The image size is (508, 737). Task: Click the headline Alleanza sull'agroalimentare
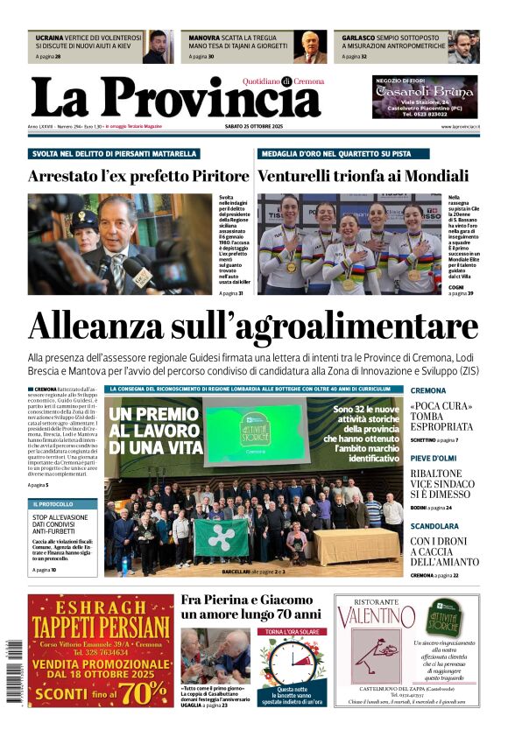point(253,326)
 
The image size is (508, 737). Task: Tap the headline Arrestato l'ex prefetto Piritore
point(138,176)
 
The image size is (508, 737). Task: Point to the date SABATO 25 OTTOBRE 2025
point(254,127)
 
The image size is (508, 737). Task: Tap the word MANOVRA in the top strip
point(204,39)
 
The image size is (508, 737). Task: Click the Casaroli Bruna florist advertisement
point(425,96)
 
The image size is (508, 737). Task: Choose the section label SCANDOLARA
point(434,526)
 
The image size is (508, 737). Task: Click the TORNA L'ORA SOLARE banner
point(292,631)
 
